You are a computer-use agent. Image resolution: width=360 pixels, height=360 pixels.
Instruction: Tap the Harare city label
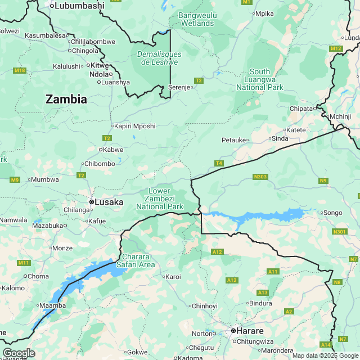point(249,331)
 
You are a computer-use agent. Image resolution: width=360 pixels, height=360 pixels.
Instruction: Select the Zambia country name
point(66,100)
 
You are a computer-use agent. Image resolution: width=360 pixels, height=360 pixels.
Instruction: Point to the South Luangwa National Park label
point(259,79)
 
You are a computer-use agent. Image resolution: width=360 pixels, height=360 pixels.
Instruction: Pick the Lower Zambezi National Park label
point(159,199)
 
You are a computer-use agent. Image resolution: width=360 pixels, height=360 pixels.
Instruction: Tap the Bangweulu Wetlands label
point(196,19)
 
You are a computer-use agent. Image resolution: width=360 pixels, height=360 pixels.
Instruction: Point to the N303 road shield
point(260,177)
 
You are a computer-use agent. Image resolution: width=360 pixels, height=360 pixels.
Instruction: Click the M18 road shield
point(20,70)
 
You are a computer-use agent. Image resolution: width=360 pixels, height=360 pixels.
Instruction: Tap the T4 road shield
point(219,163)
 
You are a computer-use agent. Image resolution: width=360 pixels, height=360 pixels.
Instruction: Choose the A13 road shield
point(262,292)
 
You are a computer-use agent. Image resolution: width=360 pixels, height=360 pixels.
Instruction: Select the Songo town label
point(331,213)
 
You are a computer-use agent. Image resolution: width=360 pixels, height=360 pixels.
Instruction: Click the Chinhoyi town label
point(204,306)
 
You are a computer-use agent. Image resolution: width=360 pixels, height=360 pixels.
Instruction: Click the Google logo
point(19,353)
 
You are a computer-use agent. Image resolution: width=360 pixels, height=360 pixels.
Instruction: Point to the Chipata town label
point(302,108)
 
